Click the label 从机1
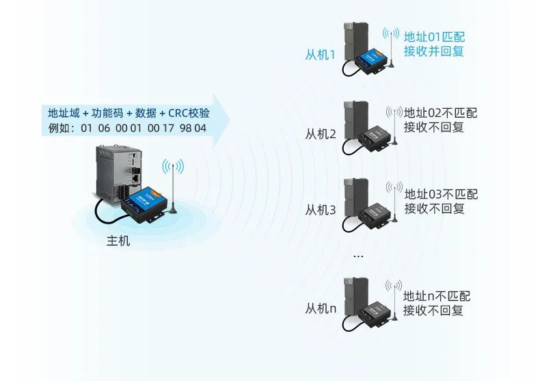pos(320,54)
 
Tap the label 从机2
pos(320,133)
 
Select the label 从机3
pos(320,210)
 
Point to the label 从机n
pos(320,308)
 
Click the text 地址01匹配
pos(434,37)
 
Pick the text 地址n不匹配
pos(437,296)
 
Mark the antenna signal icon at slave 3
pos(393,187)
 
